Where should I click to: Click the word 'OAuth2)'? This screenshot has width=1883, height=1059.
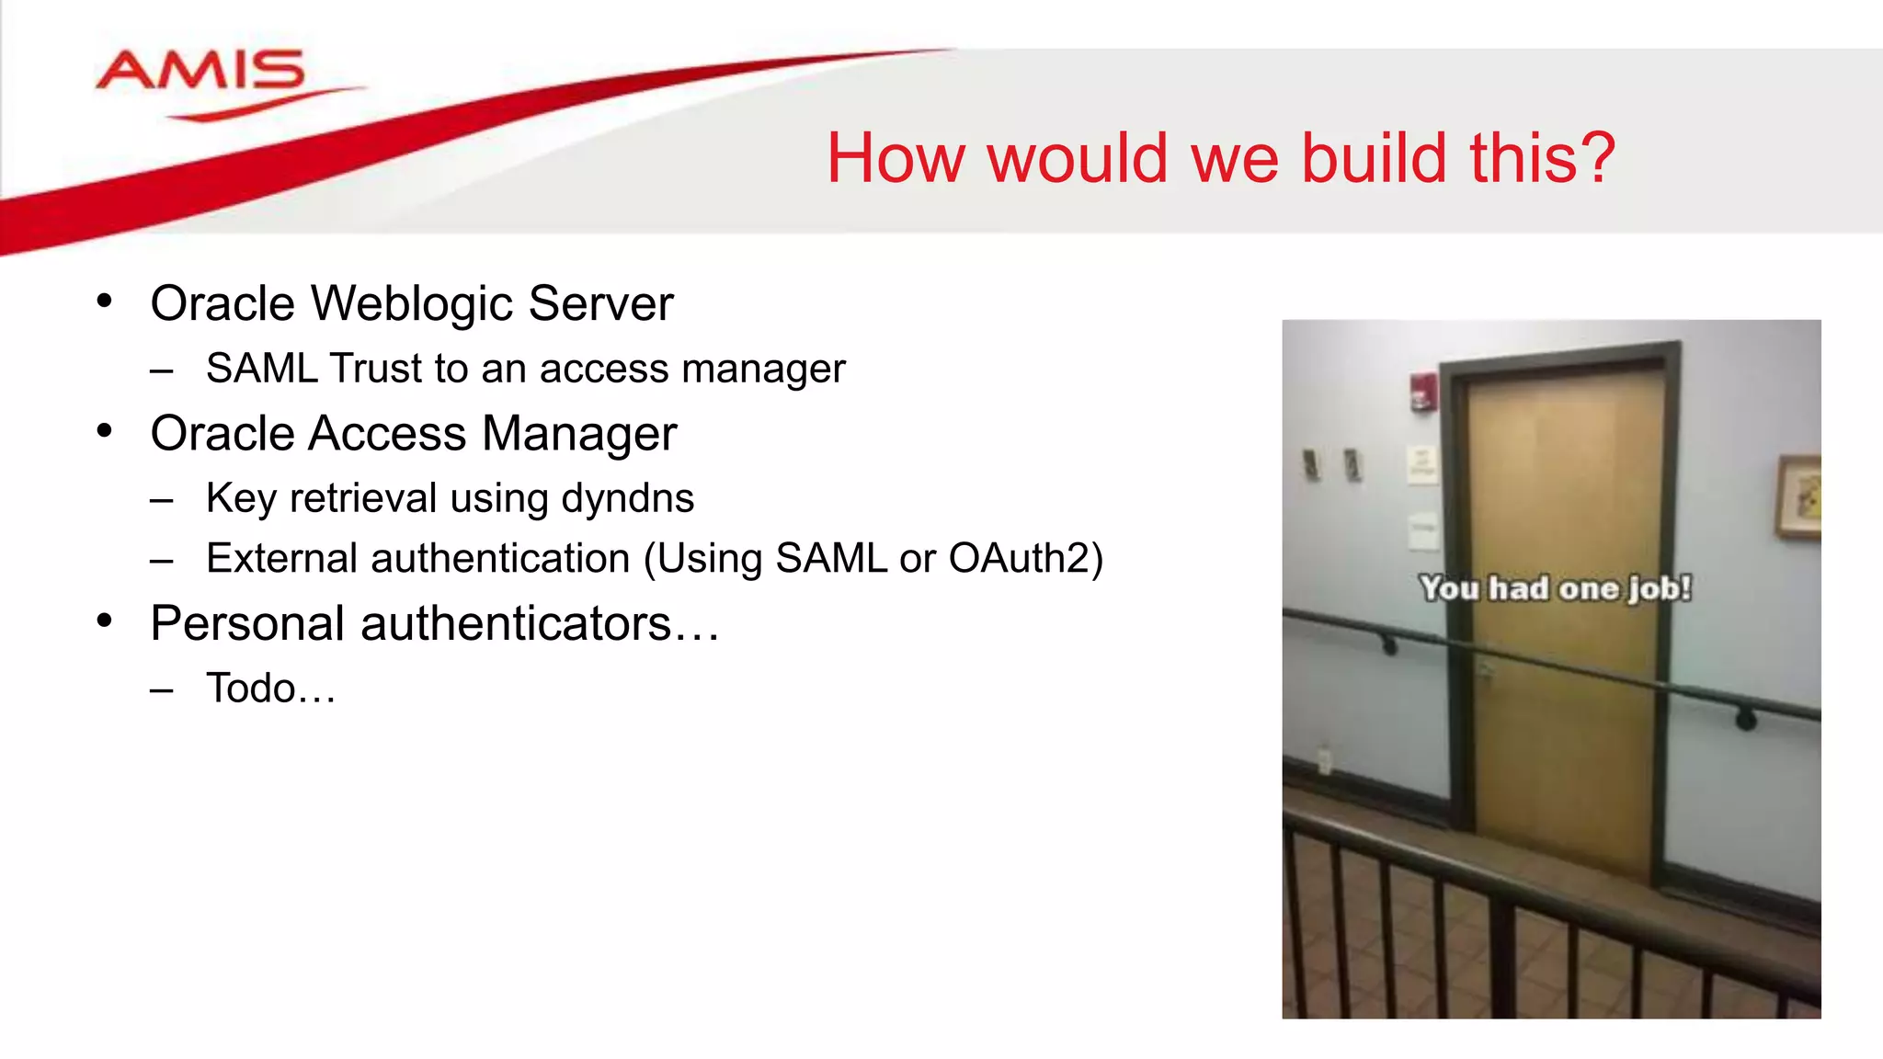1024,559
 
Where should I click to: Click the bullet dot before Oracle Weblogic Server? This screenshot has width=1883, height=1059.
105,301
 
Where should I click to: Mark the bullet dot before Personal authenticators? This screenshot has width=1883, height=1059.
105,621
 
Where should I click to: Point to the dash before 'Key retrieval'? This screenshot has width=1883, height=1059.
162,501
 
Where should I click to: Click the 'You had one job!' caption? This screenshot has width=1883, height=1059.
1555,588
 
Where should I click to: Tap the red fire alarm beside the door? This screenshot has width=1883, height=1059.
1423,393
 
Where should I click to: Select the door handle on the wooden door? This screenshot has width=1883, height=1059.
1484,670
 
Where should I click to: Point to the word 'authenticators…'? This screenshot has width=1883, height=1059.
540,624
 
